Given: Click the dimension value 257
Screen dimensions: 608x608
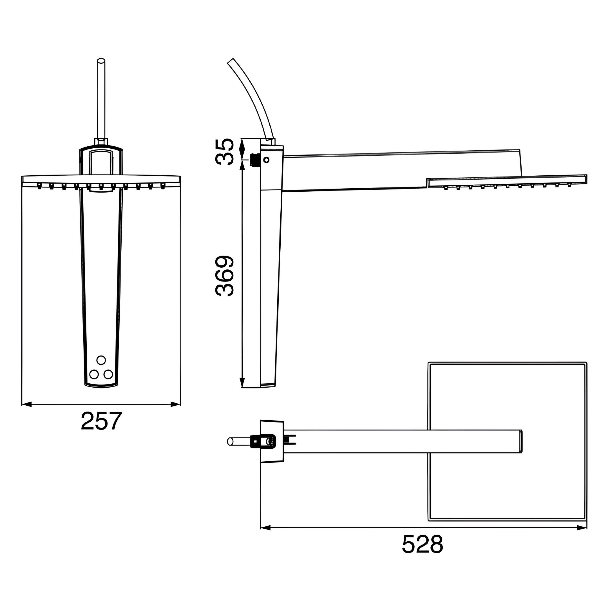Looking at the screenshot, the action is coord(101,421).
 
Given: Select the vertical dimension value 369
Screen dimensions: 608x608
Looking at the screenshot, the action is coord(225,276).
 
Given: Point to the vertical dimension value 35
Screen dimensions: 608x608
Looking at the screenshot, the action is coord(225,152).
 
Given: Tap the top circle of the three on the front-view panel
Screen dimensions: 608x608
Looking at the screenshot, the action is coord(101,360).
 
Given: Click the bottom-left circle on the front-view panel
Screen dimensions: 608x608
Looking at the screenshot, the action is coord(94,374).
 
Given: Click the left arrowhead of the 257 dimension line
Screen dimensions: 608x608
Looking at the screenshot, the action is coord(27,404).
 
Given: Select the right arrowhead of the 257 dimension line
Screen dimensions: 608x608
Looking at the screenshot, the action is coord(175,404).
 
